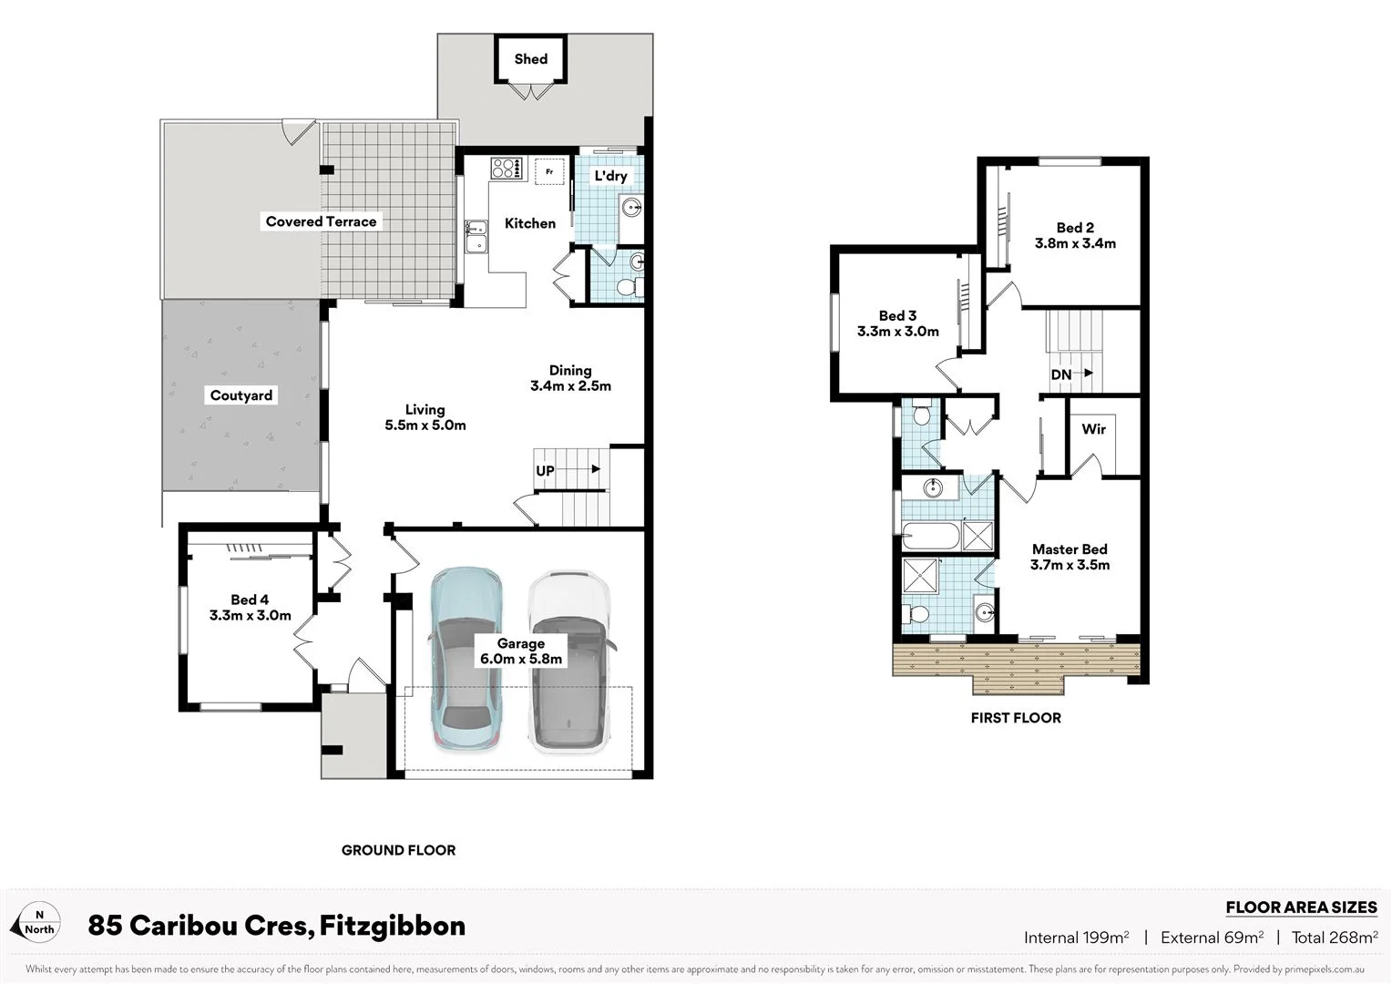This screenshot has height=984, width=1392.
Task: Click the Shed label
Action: (x=530, y=59)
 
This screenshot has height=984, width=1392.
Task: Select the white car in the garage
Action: (x=568, y=661)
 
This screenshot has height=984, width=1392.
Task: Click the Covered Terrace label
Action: (x=321, y=221)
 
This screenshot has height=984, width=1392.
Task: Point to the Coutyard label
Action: (x=241, y=395)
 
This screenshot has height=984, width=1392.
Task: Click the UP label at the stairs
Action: (x=545, y=471)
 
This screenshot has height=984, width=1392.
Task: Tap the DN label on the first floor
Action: (x=1060, y=374)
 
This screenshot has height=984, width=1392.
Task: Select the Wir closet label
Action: (x=1093, y=428)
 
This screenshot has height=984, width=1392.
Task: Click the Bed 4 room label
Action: (x=250, y=600)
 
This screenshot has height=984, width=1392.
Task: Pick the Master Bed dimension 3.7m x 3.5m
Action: (x=1070, y=565)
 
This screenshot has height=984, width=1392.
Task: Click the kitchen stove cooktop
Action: (x=506, y=169)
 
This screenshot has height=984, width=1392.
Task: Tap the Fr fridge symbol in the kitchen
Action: (x=549, y=171)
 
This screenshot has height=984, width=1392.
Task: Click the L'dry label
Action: (x=610, y=176)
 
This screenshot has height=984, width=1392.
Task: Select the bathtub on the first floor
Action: (x=930, y=536)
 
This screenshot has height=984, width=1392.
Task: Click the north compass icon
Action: (x=36, y=922)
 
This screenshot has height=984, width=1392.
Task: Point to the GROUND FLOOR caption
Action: (x=398, y=850)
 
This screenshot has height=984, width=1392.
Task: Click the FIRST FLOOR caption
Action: (x=1016, y=718)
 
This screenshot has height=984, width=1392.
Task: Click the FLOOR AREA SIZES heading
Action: (x=1301, y=907)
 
